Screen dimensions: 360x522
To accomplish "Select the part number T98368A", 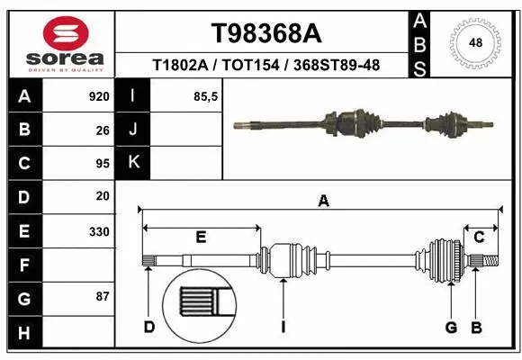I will point(265,33).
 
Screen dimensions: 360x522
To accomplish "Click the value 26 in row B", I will point(102,130).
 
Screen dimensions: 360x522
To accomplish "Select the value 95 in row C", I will point(102,163).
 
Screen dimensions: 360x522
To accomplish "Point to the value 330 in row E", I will point(99,231).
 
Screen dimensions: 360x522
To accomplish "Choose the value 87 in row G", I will point(102,297).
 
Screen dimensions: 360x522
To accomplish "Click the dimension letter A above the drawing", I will point(323,202).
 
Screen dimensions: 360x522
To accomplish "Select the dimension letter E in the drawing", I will point(201,237).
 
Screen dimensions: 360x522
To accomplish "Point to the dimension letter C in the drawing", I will point(479,237).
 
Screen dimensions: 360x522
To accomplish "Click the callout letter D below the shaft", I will point(149,327).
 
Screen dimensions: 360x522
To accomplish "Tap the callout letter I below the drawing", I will point(283,327).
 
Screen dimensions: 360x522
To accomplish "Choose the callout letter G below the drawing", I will point(451,327).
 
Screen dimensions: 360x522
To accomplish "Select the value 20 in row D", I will point(102,196).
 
